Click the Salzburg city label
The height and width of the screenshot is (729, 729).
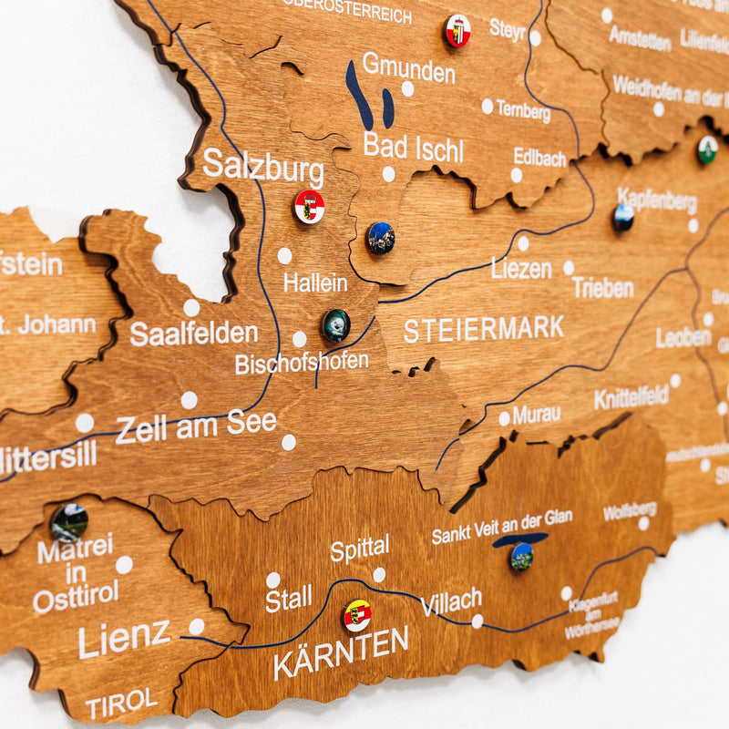262,167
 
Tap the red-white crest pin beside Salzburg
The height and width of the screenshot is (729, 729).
309,207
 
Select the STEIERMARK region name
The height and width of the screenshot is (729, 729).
484,329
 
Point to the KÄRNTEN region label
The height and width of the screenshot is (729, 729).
341,652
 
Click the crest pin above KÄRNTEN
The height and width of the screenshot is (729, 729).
357,615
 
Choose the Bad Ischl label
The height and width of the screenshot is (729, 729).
413,148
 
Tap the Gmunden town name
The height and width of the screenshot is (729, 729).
408,68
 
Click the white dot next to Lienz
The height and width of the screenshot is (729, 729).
196,626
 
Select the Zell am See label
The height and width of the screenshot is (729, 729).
196,426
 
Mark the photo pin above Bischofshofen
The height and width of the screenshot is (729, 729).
335,324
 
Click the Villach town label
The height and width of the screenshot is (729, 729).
451,601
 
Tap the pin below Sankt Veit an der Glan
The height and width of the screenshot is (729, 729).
521,556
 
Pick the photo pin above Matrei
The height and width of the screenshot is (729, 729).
69,522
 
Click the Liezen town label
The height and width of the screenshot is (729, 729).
521,268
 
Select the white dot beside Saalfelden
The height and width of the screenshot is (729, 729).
191,308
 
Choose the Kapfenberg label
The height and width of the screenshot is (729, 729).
656,200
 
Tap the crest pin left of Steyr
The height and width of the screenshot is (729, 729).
457,31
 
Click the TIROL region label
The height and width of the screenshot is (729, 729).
121,702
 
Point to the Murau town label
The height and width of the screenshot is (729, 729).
536,415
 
